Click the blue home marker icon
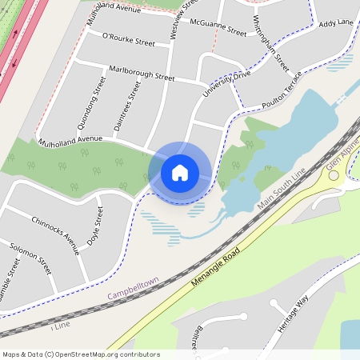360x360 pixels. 180,172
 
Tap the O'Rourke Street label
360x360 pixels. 128,40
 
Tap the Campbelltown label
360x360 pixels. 133,289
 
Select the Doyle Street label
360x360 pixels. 94,226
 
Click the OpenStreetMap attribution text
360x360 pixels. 81,354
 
